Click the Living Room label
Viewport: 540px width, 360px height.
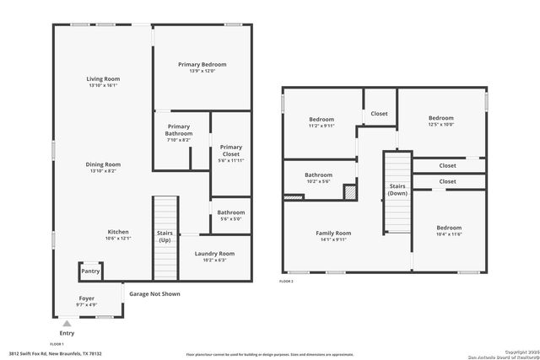(x=103, y=79)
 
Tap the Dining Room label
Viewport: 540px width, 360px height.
(x=103, y=164)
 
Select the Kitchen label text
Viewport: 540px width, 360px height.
(x=118, y=232)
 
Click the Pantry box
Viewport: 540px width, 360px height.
(x=91, y=271)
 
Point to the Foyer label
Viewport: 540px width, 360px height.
(x=87, y=298)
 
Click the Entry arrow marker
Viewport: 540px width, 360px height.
(x=67, y=323)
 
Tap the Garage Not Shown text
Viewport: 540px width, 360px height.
(x=154, y=294)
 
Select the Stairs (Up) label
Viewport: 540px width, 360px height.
(x=165, y=236)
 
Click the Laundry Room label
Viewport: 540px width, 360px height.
(x=213, y=253)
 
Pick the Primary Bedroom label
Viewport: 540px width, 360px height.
(x=202, y=64)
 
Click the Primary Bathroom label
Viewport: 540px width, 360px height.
(x=178, y=130)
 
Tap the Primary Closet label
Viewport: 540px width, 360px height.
(x=230, y=151)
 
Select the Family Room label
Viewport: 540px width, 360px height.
(x=333, y=233)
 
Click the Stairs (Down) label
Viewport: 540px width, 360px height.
(x=397, y=189)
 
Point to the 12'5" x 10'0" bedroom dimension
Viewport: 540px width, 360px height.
(x=440, y=125)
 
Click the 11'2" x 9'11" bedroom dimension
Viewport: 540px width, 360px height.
(x=321, y=126)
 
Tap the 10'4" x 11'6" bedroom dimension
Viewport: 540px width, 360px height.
(x=449, y=234)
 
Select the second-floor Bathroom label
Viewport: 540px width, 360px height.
(x=319, y=175)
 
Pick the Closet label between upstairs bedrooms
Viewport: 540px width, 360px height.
(x=380, y=113)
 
